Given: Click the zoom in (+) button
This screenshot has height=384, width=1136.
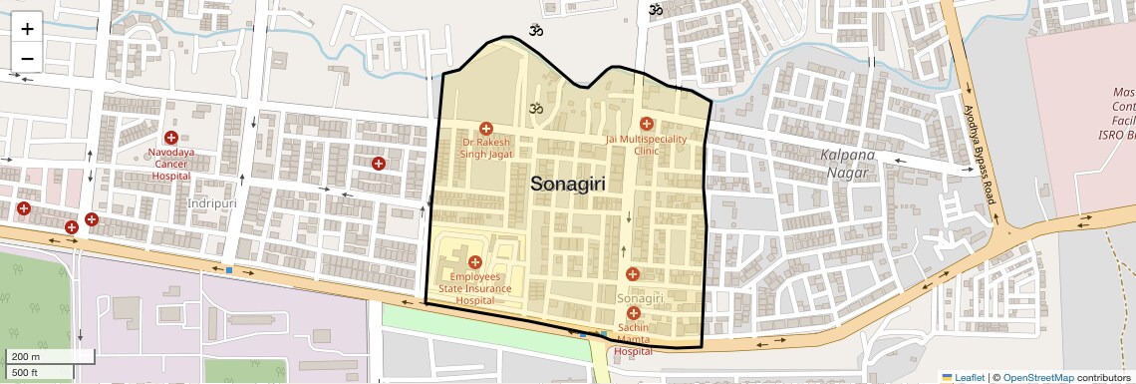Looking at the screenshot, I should [27, 29].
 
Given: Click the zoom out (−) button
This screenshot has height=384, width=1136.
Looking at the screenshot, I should [27, 58].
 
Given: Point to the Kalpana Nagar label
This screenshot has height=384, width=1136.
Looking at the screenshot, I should [848, 164].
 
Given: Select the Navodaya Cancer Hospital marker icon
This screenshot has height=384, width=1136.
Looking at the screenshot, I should [170, 137].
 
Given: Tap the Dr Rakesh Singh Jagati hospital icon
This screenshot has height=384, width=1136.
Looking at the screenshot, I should [486, 128].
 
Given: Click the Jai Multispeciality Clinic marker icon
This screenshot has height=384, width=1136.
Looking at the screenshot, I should [647, 124].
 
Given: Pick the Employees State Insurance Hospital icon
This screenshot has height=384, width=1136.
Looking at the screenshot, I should [474, 261].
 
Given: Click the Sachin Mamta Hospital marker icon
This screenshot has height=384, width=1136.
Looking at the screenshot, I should [633, 313].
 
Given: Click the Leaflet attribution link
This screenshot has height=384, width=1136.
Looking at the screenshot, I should [964, 377].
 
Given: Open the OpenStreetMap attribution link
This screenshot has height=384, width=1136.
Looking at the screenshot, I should [1037, 377].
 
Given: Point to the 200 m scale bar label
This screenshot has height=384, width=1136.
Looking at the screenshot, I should [25, 357].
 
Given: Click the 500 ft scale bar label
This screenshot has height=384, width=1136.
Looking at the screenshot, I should [25, 373].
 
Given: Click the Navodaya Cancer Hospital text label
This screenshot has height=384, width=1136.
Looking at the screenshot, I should [171, 164].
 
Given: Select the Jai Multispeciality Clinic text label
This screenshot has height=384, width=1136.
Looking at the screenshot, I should [647, 145].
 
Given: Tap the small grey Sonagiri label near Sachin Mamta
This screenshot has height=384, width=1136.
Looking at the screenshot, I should [641, 298].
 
